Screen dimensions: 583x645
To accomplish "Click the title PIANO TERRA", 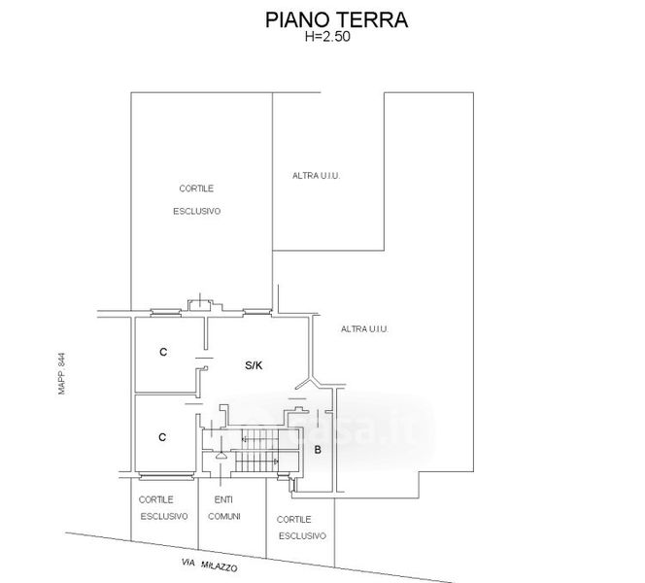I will click(336, 19).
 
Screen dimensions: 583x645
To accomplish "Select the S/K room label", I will click(254, 366).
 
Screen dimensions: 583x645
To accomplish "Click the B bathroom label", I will click(318, 449).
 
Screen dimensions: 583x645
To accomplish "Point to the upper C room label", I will click(163, 352).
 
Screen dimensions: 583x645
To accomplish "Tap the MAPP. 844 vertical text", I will click(60, 373).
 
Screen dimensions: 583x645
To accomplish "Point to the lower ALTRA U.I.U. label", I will click(365, 329).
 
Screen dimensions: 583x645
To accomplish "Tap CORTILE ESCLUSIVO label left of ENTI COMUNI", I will click(163, 507).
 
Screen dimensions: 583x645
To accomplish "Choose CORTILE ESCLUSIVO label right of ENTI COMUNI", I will click(301, 528).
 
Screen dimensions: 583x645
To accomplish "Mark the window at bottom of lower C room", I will click(164, 475).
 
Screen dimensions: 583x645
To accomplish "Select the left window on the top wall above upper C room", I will click(166, 311).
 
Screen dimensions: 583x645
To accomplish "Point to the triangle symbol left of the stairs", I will click(222, 453).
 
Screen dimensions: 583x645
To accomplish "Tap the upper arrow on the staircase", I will click(245, 440).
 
